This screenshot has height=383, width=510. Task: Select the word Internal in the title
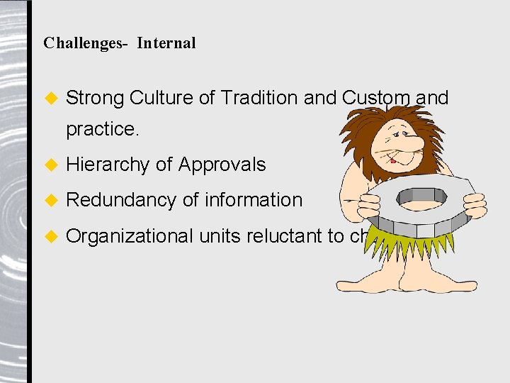166,43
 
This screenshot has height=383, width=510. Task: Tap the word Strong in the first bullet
95,98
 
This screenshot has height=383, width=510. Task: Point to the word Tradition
259,98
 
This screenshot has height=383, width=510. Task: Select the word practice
102,130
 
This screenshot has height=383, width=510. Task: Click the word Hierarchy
108,165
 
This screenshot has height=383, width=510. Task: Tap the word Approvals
222,165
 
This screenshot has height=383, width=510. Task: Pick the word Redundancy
122,201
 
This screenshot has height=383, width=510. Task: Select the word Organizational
130,235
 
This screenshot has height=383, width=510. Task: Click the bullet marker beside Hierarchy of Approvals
50,165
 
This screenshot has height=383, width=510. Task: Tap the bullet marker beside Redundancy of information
50,201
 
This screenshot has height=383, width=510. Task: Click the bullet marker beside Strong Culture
50,99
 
